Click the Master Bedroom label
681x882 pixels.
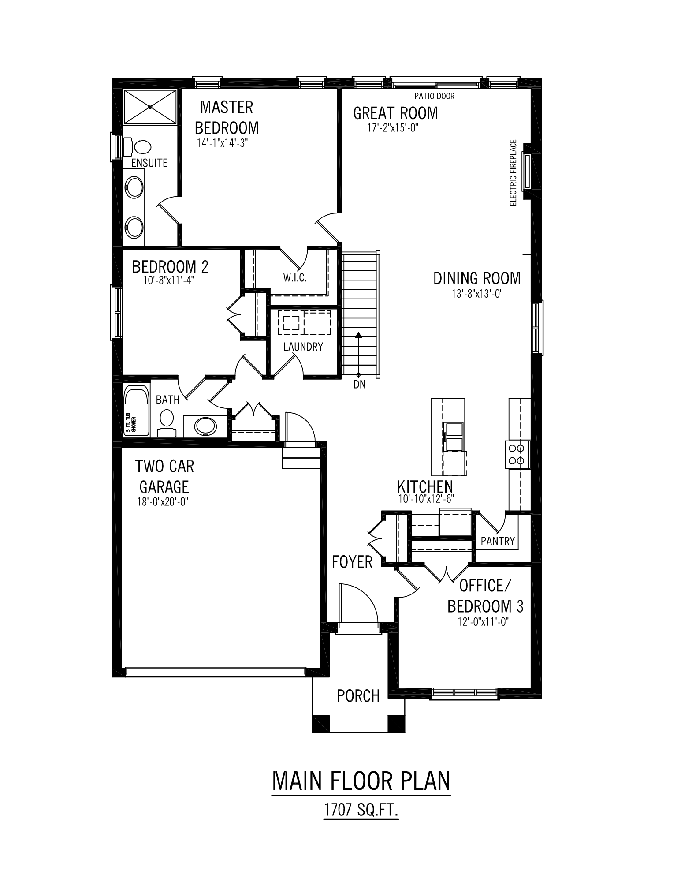(x=227, y=117)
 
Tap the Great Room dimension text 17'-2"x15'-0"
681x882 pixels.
(x=392, y=128)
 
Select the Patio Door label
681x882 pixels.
(x=434, y=96)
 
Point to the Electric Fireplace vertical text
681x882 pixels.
(x=513, y=173)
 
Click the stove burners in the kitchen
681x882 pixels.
(x=516, y=454)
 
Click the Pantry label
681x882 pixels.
(x=498, y=541)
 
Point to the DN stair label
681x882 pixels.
(x=359, y=385)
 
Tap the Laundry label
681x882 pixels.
(x=303, y=347)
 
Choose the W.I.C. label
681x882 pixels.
(x=295, y=278)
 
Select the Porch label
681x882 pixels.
(x=358, y=696)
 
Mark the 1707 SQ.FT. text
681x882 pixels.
(x=361, y=810)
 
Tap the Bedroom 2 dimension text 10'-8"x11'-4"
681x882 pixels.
(x=169, y=280)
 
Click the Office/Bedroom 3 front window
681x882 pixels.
(x=464, y=693)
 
